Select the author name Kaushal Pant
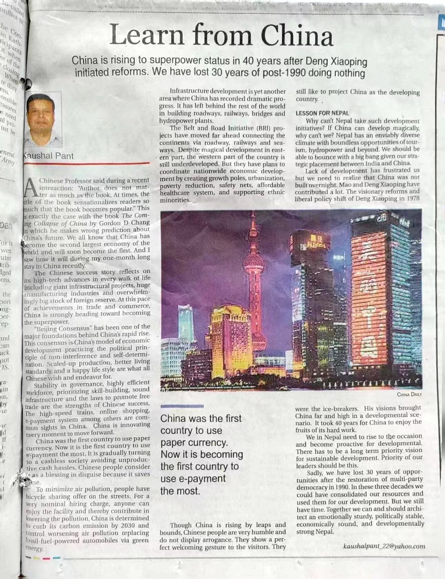point(48,156)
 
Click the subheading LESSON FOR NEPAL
point(322,113)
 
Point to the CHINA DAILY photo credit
point(409,394)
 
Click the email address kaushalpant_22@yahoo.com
point(384,546)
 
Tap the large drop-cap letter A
point(32,188)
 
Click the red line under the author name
point(86,163)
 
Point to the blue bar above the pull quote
point(182,406)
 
